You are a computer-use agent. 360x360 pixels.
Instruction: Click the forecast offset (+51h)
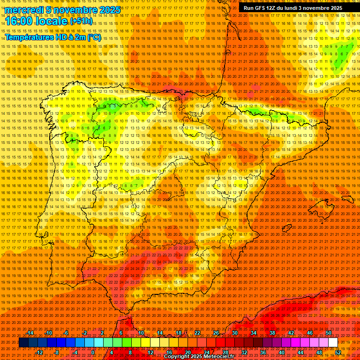(81, 21)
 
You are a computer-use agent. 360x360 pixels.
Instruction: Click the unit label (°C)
(94, 37)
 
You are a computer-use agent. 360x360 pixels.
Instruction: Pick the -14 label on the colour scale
(30, 333)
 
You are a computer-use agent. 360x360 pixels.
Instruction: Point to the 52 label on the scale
(338, 352)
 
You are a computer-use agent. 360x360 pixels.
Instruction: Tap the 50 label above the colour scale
(329, 333)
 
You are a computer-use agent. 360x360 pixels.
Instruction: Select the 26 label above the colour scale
(216, 333)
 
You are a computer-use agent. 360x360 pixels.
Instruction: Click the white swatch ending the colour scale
(333, 343)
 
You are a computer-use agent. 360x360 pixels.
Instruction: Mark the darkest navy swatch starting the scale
(23, 343)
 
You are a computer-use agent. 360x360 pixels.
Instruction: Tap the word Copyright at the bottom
(177, 357)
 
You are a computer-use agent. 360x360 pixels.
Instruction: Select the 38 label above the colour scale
(272, 333)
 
